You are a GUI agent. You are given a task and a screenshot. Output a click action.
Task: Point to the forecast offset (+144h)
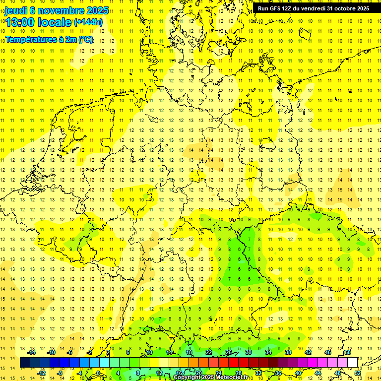[x=88, y=22]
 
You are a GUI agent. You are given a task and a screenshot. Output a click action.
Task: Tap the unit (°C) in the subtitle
[x=85, y=40]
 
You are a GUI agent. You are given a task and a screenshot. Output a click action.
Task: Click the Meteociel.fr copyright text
[x=211, y=378]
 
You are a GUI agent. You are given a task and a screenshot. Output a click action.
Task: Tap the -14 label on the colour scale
[x=33, y=352]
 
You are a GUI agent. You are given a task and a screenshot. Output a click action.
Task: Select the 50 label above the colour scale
[x=348, y=352]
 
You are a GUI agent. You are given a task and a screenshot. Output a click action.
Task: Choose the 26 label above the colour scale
[x=229, y=352]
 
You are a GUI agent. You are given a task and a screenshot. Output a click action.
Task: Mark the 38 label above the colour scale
[x=288, y=352]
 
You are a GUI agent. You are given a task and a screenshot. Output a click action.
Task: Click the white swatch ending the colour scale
[x=352, y=363]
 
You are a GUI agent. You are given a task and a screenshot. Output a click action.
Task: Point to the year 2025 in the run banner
[x=363, y=8]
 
